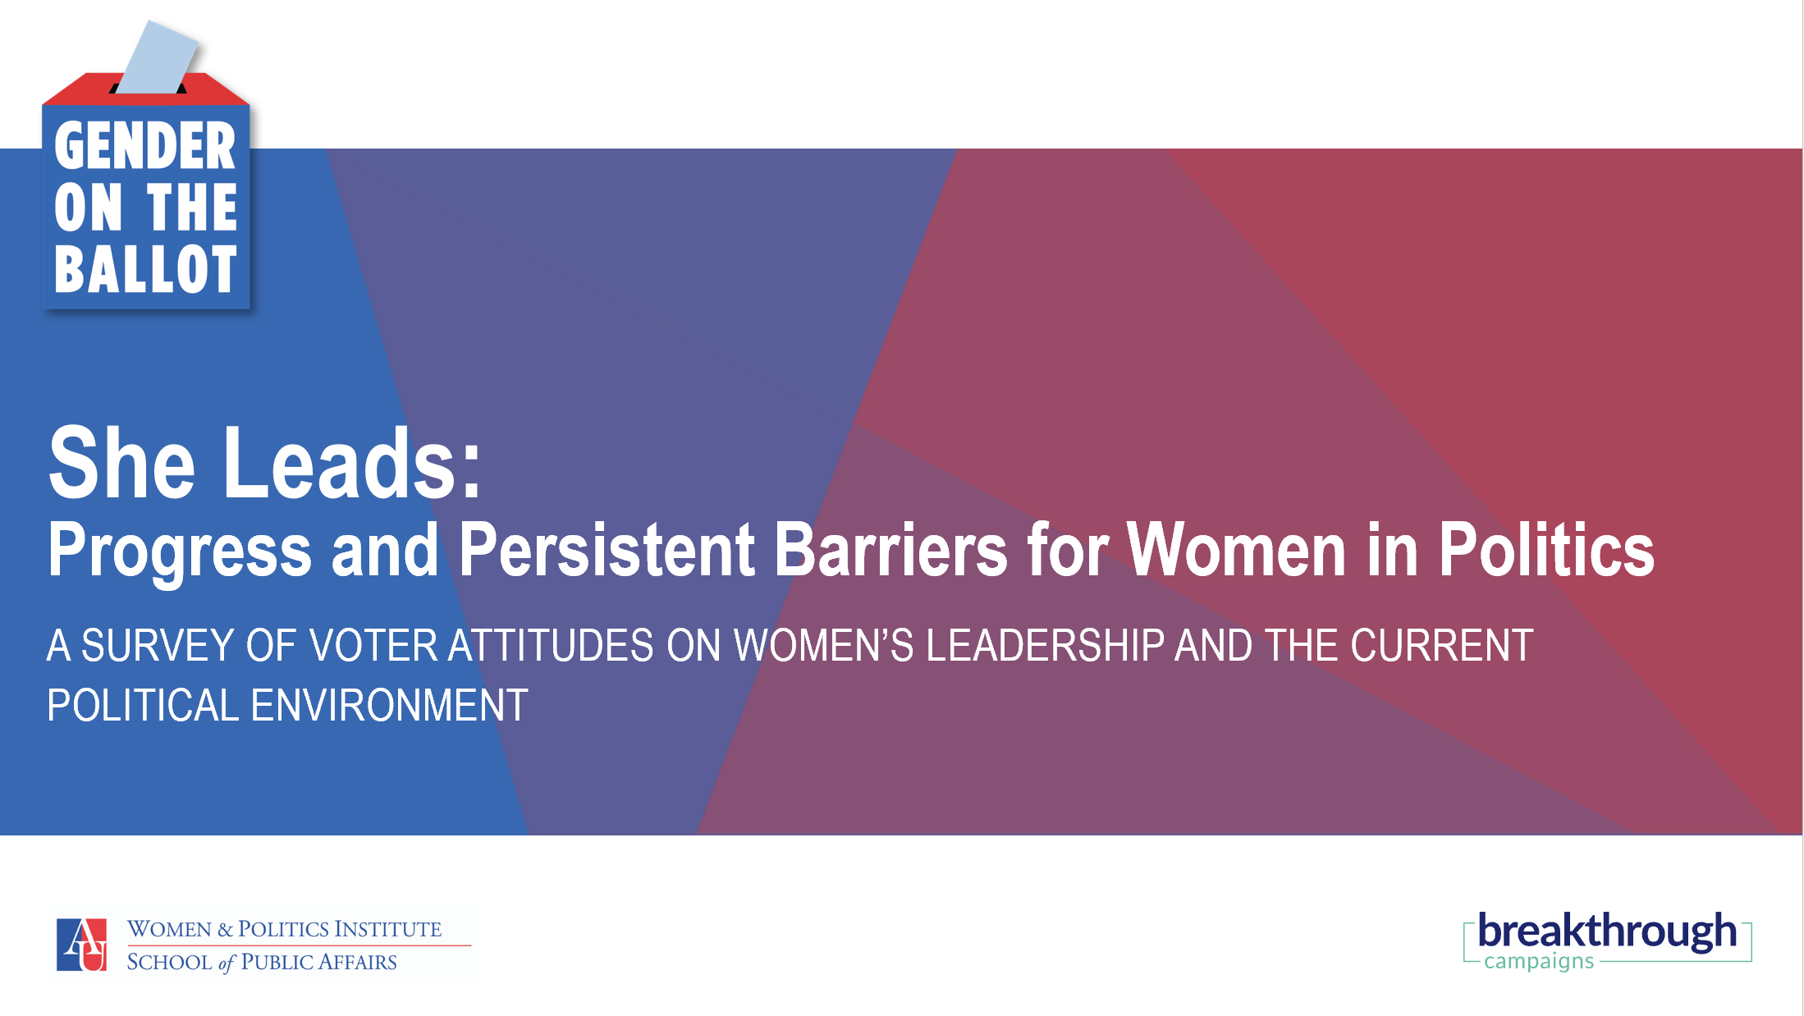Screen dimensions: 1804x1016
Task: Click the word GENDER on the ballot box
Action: pyautogui.click(x=145, y=146)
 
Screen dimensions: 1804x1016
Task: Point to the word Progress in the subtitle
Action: pyautogui.click(x=180, y=551)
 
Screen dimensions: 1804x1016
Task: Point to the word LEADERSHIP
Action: pyautogui.click(x=1045, y=645)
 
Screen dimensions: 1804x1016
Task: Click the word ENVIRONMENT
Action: pyautogui.click(x=389, y=705)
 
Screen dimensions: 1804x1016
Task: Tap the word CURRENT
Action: pyautogui.click(x=1442, y=645)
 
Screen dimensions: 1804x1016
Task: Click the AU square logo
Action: pyautogui.click(x=81, y=945)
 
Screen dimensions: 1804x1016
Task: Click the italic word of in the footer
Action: pyautogui.click(x=227, y=963)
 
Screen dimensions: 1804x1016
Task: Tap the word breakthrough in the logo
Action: pyautogui.click(x=1607, y=931)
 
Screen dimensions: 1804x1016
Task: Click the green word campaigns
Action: pyautogui.click(x=1539, y=961)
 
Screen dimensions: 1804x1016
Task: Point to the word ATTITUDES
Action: pyautogui.click(x=551, y=645)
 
